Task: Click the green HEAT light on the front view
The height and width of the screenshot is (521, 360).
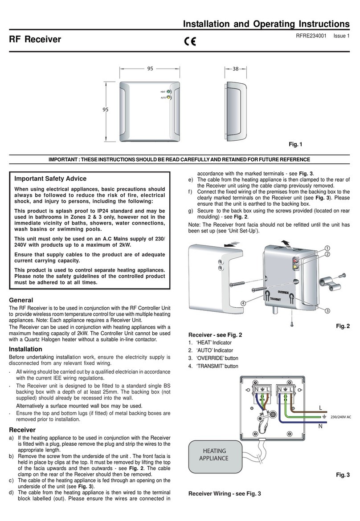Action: tap(169, 92)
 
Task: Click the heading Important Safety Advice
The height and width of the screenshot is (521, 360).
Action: tap(50, 179)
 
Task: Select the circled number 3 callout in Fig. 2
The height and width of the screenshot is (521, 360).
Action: tap(327, 310)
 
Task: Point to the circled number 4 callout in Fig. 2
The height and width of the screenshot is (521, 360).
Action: tap(244, 303)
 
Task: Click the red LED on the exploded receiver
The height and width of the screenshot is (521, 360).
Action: tap(295, 260)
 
